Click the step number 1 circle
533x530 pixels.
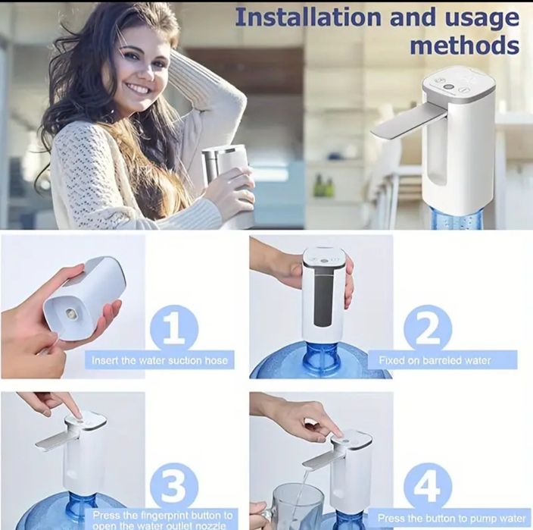point(176,329)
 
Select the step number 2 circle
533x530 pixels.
point(429,329)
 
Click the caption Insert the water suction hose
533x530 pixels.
point(159,360)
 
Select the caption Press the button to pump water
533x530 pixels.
point(452,519)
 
